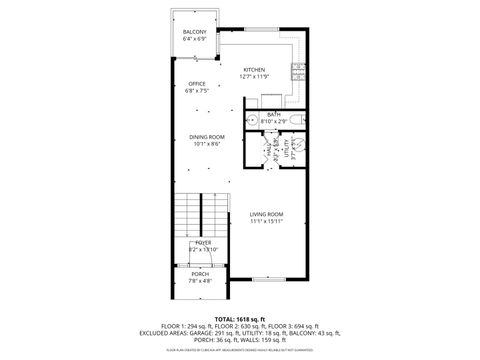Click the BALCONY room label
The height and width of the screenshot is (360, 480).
point(194,33)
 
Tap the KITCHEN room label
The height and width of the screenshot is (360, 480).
point(253,69)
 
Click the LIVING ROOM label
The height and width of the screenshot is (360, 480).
point(266,214)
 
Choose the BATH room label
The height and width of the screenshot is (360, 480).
point(273,114)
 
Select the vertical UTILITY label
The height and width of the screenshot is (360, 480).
point(290,151)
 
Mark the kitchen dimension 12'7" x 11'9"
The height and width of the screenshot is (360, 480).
point(253,76)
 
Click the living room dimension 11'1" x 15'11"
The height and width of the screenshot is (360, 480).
point(266,221)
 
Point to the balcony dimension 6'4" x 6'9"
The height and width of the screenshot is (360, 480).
point(194,40)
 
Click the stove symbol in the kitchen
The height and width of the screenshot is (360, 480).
point(297,72)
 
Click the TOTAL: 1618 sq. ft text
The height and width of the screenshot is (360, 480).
point(240,317)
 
